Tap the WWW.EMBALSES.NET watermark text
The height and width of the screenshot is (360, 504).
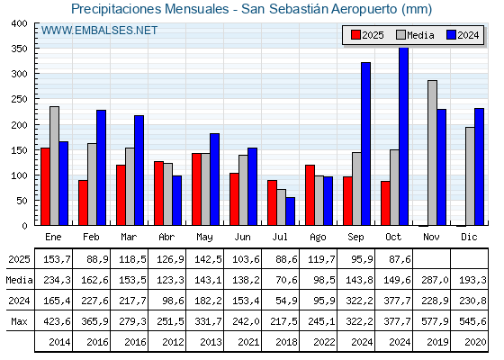(x=99, y=31)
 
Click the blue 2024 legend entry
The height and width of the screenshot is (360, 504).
(x=463, y=35)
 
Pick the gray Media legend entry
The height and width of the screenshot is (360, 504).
(x=415, y=35)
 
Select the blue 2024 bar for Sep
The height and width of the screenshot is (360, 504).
(x=365, y=144)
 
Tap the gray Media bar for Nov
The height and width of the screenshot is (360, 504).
(x=432, y=153)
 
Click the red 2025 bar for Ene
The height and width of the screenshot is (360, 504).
(x=45, y=186)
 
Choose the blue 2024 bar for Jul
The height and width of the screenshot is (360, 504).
(x=290, y=211)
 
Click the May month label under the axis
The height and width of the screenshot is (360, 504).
(x=204, y=237)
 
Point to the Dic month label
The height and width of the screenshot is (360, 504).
(x=469, y=237)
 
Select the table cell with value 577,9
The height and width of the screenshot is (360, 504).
(x=431, y=321)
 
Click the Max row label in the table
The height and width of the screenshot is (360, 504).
(x=18, y=321)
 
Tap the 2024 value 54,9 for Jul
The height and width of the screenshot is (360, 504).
(x=280, y=301)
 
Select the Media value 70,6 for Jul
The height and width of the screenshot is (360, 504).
(x=280, y=280)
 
